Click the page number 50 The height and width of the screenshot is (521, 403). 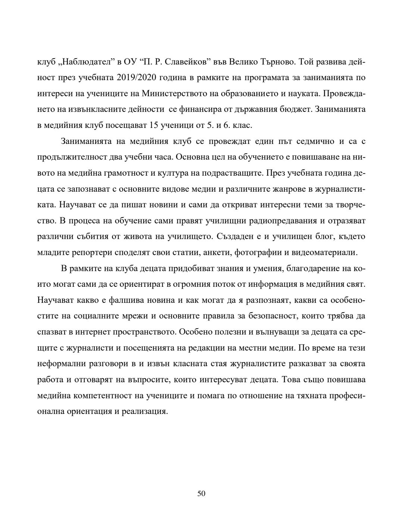(201, 494)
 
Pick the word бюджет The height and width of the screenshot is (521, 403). (297, 110)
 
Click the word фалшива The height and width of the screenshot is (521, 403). (109, 301)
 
